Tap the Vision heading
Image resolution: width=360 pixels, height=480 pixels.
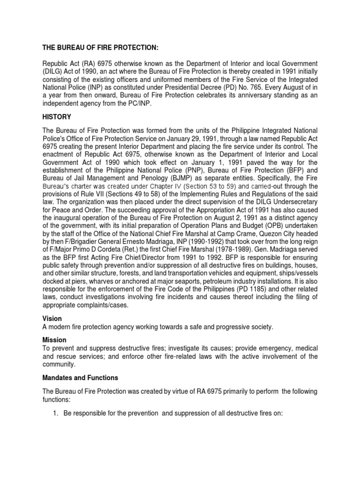(52, 318)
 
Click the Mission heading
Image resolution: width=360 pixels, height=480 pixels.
(54, 339)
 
